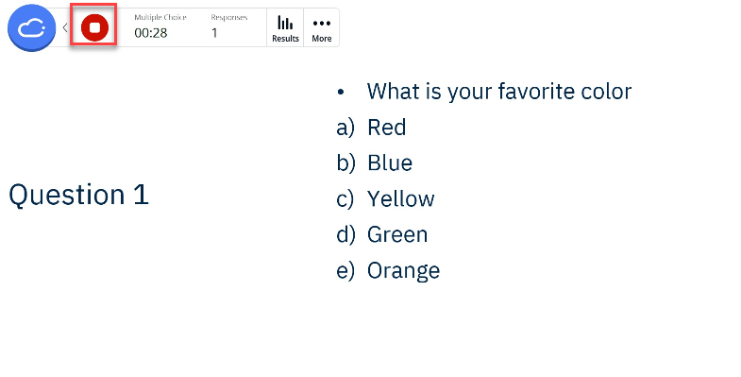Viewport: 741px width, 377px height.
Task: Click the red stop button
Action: (94, 28)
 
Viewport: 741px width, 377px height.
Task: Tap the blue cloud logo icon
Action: (32, 28)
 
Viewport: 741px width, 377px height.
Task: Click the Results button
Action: (285, 28)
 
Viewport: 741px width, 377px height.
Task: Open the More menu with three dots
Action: (322, 28)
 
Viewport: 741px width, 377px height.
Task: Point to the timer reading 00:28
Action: (151, 33)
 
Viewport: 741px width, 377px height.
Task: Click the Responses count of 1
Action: (214, 33)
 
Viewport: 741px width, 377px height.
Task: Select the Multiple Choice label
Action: (160, 17)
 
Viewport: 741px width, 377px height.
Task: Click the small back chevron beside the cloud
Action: (65, 28)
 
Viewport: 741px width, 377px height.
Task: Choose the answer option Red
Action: (387, 127)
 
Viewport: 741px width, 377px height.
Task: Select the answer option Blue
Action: (390, 163)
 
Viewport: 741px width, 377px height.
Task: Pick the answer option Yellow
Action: (401, 198)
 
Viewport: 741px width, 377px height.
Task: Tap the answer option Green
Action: (397, 234)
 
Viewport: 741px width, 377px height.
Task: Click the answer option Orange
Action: (403, 270)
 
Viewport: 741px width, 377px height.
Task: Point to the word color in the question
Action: (602, 91)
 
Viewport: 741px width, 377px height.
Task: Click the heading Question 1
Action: (78, 195)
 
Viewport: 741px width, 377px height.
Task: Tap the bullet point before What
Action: (341, 92)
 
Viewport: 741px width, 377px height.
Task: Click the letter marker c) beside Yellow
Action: (345, 198)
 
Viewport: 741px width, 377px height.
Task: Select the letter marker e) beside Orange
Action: (345, 270)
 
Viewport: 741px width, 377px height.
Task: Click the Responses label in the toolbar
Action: (228, 17)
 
